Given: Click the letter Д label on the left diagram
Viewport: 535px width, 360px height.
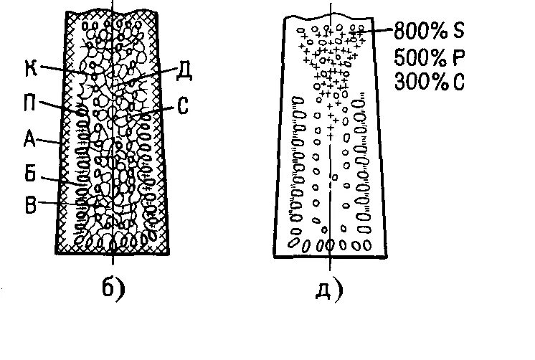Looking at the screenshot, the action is tap(184, 70).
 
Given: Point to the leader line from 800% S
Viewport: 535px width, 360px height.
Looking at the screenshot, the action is tap(377, 31).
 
